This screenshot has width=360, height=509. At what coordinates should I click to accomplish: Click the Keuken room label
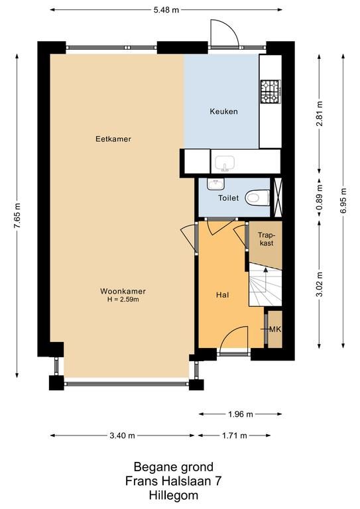[223, 111]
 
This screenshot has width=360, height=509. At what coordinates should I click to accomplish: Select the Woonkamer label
[123, 291]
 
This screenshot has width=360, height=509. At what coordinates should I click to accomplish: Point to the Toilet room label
[229, 198]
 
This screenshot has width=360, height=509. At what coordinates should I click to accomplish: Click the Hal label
[222, 295]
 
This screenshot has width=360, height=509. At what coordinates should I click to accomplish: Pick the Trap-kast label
[266, 239]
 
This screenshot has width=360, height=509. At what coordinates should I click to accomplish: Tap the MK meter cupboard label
[275, 329]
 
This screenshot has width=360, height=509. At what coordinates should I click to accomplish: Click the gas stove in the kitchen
[270, 91]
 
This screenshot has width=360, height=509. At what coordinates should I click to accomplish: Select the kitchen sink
[225, 163]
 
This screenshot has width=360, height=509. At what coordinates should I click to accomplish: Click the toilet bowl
[257, 198]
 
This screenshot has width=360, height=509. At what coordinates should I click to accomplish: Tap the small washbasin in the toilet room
[215, 184]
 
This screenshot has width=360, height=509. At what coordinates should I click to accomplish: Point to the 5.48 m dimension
[166, 10]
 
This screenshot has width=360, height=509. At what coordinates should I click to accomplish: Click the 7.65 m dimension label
[17, 216]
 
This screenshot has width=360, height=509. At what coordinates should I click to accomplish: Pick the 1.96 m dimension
[240, 414]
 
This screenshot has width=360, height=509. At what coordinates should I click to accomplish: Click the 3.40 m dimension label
[122, 435]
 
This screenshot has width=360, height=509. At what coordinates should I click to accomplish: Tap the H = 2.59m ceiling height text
[123, 300]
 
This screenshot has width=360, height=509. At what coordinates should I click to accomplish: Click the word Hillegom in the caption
[173, 495]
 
